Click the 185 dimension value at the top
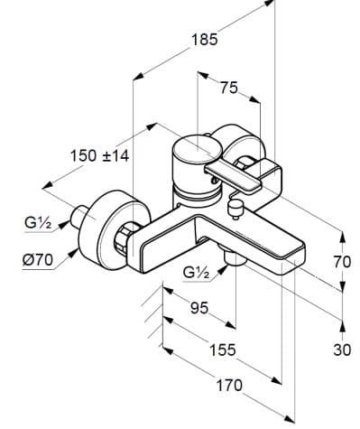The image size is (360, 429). point(204,40)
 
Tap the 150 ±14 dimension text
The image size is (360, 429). point(100,155)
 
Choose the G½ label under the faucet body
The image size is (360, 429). point(198,272)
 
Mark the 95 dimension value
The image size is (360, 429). point(199,308)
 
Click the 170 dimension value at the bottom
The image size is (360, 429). point(229,386)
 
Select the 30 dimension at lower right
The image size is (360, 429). point(342,349)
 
